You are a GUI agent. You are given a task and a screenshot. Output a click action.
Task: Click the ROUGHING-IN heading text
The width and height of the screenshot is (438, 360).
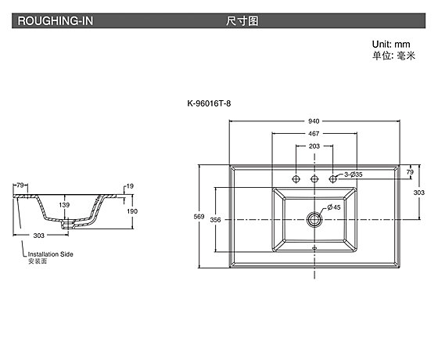pyautogui.click(x=56, y=21)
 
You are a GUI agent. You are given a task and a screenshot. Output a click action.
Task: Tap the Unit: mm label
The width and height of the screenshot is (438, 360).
pyautogui.click(x=391, y=44)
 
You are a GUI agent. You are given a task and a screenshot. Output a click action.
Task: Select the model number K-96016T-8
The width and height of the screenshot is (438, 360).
pyautogui.click(x=209, y=103)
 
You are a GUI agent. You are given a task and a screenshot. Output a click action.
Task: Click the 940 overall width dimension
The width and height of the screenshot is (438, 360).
pyautogui.click(x=314, y=121)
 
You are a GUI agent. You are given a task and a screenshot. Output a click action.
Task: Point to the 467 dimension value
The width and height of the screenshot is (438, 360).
pyautogui.click(x=314, y=134)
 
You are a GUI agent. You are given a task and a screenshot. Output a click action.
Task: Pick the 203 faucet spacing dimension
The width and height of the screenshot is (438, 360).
pyautogui.click(x=314, y=146)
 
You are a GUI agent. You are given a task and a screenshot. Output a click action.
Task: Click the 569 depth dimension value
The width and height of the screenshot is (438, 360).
pyautogui.click(x=199, y=216)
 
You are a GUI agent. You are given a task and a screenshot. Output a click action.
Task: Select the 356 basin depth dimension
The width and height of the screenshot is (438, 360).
pyautogui.click(x=215, y=220)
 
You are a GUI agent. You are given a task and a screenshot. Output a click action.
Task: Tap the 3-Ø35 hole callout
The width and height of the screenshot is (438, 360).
pyautogui.click(x=354, y=175)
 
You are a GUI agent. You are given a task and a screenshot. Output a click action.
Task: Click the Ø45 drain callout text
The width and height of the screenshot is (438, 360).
pyautogui.click(x=334, y=207)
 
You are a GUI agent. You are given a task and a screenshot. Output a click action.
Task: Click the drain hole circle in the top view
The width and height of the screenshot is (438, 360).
pyautogui.click(x=314, y=220)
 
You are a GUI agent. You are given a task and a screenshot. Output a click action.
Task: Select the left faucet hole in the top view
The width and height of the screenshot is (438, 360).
pyautogui.click(x=296, y=178)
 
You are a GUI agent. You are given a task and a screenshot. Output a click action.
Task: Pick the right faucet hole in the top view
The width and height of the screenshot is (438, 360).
pyautogui.click(x=332, y=178)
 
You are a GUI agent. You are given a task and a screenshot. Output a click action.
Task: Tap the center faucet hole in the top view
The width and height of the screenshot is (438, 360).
pyautogui.click(x=314, y=178)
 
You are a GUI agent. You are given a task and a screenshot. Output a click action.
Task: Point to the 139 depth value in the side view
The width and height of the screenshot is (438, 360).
pyautogui.click(x=64, y=205)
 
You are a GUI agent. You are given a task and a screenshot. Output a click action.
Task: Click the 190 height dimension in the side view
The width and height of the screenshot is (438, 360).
pyautogui.click(x=132, y=211)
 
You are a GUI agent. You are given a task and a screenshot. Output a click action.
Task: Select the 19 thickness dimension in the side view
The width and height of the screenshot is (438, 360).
pyautogui.click(x=130, y=186)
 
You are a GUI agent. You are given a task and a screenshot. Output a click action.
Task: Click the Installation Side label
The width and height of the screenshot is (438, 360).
pyautogui.click(x=51, y=254)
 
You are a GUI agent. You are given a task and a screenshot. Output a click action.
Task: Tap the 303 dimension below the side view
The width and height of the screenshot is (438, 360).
pyautogui.click(x=39, y=236)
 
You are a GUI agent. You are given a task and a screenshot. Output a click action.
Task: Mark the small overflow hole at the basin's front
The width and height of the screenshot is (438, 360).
pyautogui.click(x=314, y=247)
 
